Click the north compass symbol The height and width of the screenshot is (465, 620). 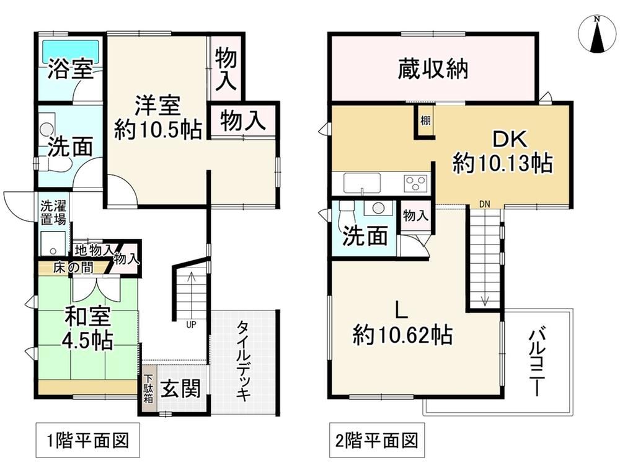pyautogui.click(x=598, y=35)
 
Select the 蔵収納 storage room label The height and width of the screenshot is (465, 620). pyautogui.click(x=433, y=69)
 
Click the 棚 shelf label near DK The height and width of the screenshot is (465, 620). pyautogui.click(x=425, y=120)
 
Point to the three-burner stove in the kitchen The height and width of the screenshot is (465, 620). pyautogui.click(x=415, y=183)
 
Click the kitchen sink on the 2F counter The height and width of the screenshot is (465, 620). pyautogui.click(x=362, y=183)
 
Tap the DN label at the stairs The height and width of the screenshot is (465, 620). pyautogui.click(x=484, y=204)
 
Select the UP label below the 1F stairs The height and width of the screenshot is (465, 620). pyautogui.click(x=191, y=325)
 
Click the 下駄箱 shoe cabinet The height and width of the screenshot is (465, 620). pyautogui.click(x=148, y=389)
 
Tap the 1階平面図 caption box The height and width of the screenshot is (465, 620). pyautogui.click(x=88, y=440)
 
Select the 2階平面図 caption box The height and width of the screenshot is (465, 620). pyautogui.click(x=377, y=440)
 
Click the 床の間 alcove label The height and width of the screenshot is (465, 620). pyautogui.click(x=74, y=268)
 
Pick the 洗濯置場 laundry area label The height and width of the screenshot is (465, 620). pyautogui.click(x=54, y=212)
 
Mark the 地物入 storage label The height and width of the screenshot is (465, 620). pyautogui.click(x=94, y=250)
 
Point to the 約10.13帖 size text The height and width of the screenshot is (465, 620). pyautogui.click(x=503, y=163)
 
